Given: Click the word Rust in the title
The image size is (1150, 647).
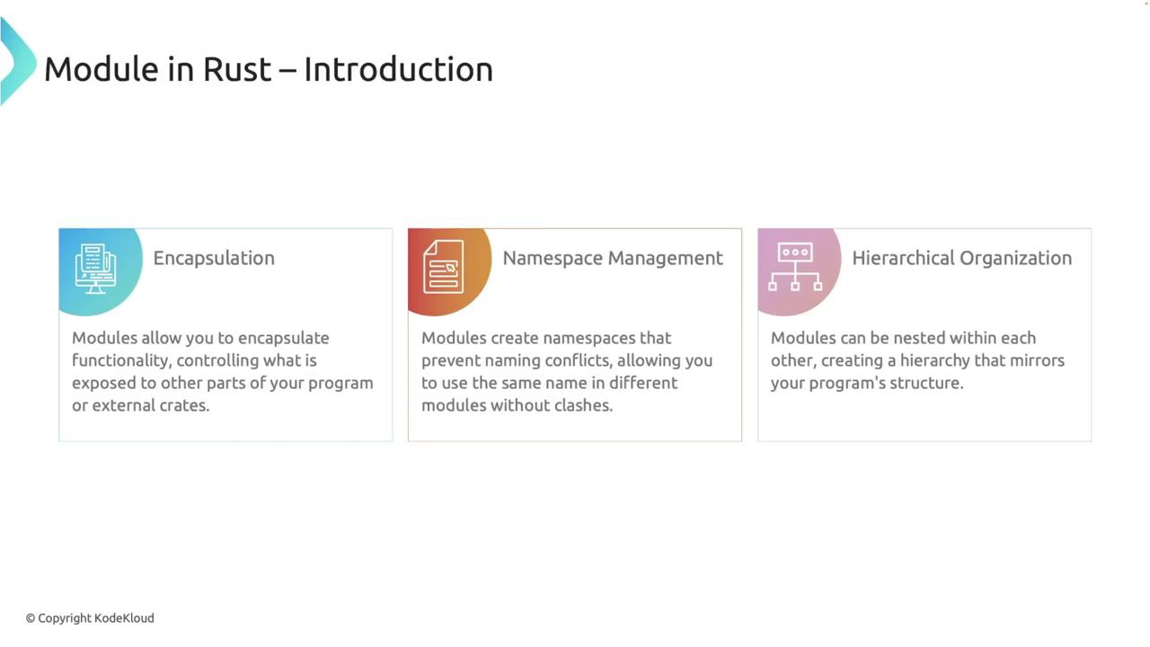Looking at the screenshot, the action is (236, 69).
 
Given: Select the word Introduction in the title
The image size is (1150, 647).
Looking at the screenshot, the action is (398, 69).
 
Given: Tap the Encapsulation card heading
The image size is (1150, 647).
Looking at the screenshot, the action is (214, 258).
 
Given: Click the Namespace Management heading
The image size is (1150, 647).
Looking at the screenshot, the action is (613, 258).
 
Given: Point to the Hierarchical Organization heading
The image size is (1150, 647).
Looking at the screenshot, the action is (962, 258).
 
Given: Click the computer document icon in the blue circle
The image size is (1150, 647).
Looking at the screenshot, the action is (95, 269).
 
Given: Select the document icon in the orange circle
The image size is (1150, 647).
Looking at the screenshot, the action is (444, 267).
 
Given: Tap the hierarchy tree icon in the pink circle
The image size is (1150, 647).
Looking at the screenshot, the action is (795, 267).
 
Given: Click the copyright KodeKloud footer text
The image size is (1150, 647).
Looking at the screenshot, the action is (90, 618).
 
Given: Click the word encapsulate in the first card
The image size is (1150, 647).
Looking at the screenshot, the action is (283, 339).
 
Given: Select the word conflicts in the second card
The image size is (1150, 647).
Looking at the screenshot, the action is (578, 361).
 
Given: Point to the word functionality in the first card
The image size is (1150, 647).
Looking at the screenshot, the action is (120, 361).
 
